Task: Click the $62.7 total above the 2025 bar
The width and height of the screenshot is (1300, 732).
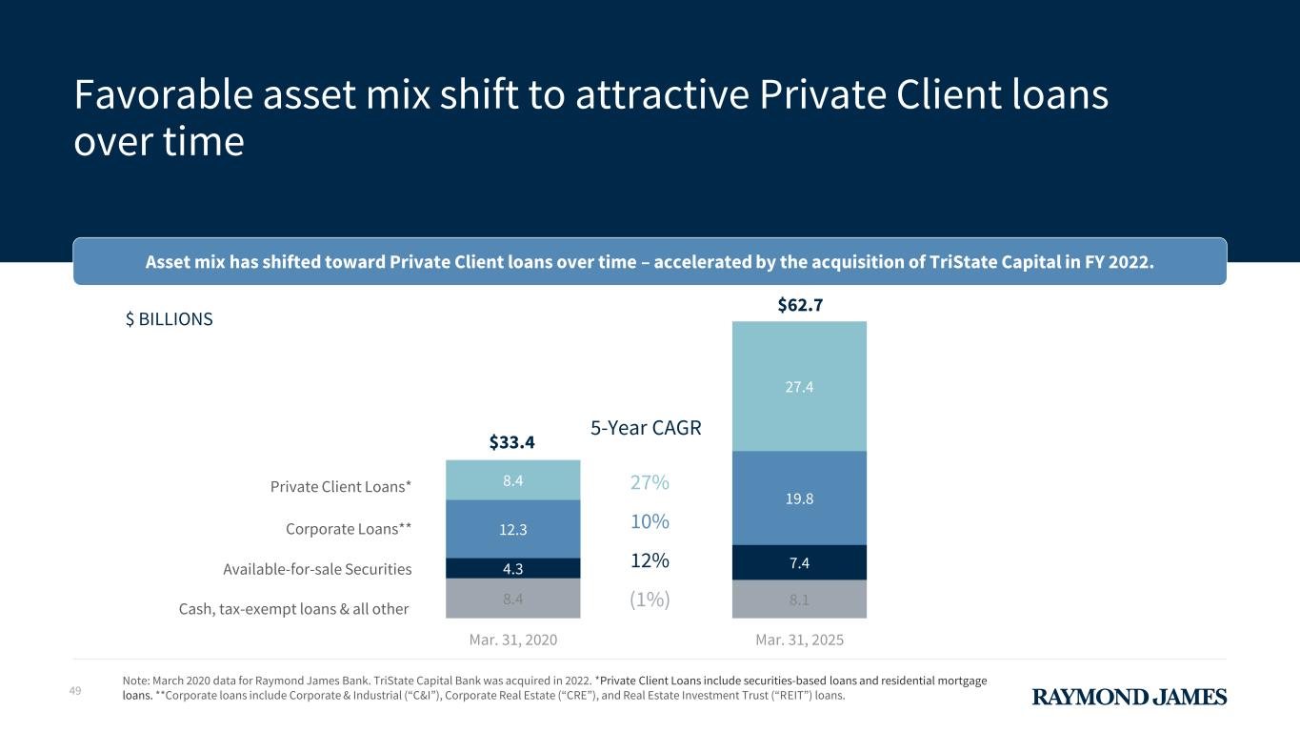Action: [799, 305]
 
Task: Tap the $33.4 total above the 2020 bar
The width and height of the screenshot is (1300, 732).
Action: [512, 442]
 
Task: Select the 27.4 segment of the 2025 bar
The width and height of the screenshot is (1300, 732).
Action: [799, 387]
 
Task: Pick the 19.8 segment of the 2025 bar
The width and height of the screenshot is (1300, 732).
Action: [799, 498]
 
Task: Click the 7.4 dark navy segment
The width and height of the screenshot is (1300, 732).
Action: [799, 562]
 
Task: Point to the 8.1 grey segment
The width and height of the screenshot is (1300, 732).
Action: [799, 600]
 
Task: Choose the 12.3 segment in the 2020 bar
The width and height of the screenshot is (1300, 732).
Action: [512, 529]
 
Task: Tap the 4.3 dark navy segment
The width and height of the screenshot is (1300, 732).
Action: [512, 568]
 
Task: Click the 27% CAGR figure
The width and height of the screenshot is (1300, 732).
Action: [650, 483]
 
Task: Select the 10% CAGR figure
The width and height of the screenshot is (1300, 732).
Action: [650, 522]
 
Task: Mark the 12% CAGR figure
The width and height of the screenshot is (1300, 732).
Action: [650, 561]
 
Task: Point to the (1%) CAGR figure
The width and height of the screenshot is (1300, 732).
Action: [650, 600]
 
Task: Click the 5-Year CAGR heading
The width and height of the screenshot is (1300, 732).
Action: [646, 429]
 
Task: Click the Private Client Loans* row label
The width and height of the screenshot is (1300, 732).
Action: [341, 487]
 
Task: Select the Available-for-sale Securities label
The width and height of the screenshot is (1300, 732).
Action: [317, 569]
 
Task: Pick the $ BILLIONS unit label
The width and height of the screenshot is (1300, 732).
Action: [170, 319]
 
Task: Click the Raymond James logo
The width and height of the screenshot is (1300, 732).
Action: [1130, 698]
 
